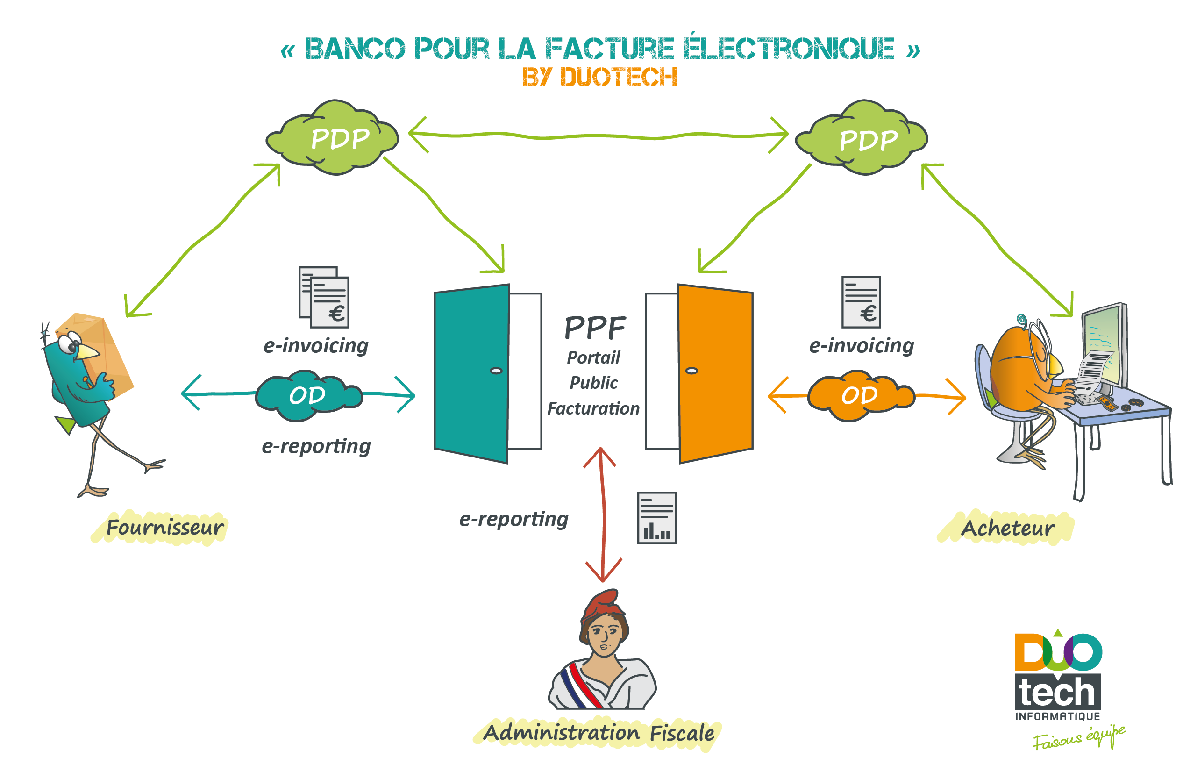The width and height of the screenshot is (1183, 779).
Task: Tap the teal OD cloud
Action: [308, 396]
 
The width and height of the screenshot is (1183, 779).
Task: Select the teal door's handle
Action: [496, 371]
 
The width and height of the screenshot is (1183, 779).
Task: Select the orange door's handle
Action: [692, 371]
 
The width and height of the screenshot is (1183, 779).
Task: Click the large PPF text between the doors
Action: [595, 328]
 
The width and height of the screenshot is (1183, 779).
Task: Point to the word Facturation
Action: [593, 408]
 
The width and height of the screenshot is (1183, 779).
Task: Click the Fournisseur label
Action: [165, 528]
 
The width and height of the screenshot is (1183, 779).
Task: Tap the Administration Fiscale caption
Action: [599, 733]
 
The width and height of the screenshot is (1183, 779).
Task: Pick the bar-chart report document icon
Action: [656, 518]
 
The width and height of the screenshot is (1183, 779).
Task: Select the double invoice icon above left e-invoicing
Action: [324, 297]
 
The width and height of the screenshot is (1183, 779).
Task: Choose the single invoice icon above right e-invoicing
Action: [861, 302]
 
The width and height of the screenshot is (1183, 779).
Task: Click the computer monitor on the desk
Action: [1105, 343]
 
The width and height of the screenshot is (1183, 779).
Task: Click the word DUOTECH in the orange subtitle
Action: [619, 78]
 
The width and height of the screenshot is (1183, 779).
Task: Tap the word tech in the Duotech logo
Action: [1057, 693]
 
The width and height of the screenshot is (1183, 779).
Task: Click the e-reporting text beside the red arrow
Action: [513, 519]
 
